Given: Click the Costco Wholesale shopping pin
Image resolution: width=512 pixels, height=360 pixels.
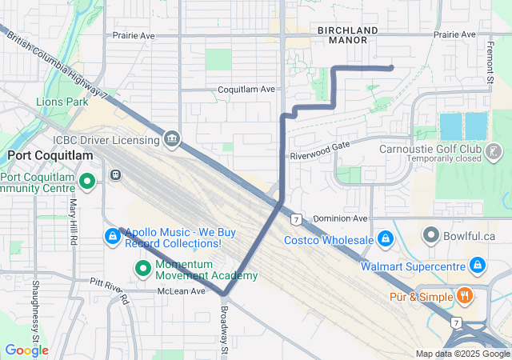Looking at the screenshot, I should click(385, 239).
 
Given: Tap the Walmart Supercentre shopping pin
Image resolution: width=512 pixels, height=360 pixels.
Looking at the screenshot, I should click(477, 263).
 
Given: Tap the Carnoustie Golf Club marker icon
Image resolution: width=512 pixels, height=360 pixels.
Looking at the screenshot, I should click(494, 150).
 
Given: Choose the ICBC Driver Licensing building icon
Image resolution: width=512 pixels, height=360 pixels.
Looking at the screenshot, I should click(172, 141).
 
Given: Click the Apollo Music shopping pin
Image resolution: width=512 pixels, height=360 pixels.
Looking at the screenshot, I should click(113, 237).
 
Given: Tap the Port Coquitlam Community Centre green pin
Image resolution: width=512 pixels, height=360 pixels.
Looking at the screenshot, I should click(87, 182).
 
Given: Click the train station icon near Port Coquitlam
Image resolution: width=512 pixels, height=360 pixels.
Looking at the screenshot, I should click(115, 174).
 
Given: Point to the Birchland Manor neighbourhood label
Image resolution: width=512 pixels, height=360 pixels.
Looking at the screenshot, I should click(347, 34).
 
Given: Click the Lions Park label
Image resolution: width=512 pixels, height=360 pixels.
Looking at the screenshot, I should click(62, 102).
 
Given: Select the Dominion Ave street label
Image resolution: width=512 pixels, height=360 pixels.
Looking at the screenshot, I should click(339, 218).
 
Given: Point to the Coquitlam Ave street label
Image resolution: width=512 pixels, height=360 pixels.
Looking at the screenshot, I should click(246, 89).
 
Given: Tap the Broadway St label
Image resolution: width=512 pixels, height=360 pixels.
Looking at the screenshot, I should click(225, 328).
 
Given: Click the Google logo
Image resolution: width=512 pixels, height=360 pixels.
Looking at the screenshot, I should click(26, 350).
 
